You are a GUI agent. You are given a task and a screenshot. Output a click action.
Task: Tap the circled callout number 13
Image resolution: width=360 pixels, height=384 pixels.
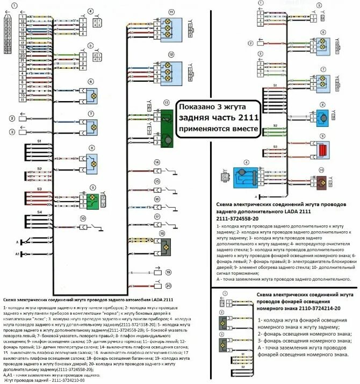click(x=167, y=102)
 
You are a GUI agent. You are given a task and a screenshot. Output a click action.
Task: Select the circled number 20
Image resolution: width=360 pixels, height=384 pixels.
click(x=168, y=286)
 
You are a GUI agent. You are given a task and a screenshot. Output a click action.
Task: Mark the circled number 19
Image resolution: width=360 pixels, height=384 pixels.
click(x=168, y=273)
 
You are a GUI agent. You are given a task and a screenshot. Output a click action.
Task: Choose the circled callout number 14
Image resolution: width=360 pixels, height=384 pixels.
click(x=156, y=162)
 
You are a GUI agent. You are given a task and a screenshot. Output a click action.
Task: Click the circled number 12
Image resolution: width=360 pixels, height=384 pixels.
click(x=171, y=54)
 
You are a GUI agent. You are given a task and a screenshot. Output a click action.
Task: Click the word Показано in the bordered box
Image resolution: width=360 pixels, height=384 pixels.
click(x=197, y=106)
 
